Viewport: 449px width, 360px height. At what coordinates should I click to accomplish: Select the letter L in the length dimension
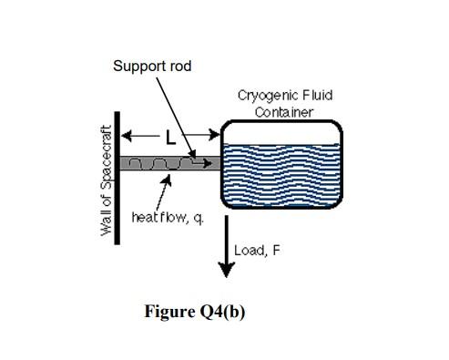pos(169,139)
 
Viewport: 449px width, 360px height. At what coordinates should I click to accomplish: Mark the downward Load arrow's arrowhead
pos(226,271)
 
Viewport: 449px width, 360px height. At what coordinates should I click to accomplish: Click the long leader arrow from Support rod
pos(175,114)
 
